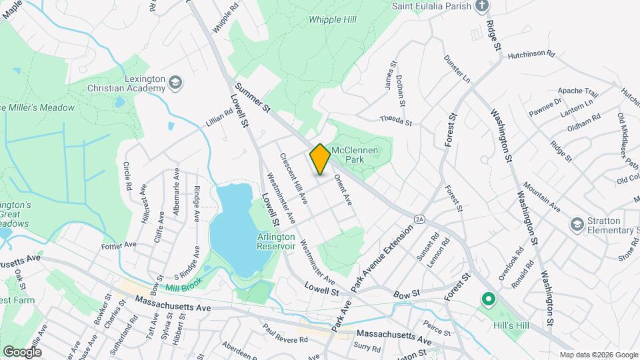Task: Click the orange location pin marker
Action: coord(320,159)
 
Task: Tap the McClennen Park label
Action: coord(355,155)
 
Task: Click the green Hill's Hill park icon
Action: coord(488,300)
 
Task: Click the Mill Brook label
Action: coord(183,287)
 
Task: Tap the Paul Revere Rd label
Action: coord(285,334)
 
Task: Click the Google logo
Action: coord(22,351)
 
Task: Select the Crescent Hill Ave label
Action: coord(293,179)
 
